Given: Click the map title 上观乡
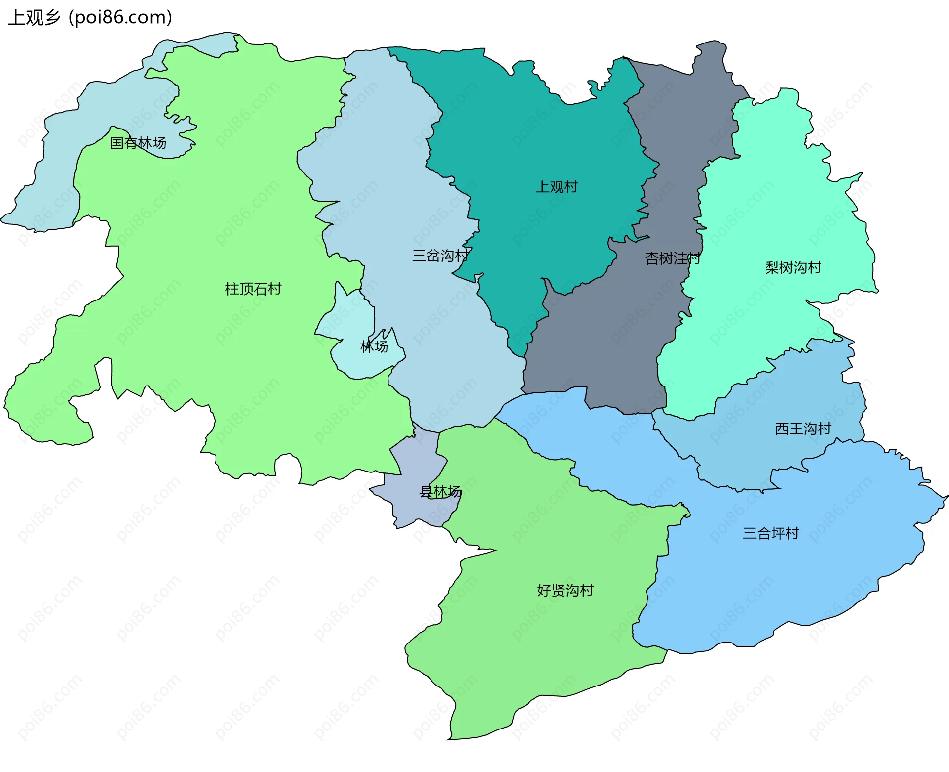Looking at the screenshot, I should point(34,17).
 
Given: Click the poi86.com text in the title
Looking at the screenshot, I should point(120,17).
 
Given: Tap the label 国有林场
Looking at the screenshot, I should point(137,143).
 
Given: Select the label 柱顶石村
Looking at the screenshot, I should point(253,289).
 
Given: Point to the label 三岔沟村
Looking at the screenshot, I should point(440,256).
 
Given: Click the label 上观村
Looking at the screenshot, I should point(557,187).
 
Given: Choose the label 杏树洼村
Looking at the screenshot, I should point(672,258).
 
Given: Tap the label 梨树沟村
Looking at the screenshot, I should point(793,267).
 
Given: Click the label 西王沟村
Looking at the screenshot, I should point(803,429).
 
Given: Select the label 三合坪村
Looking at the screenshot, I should point(771,533).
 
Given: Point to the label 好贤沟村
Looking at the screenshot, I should point(565,590).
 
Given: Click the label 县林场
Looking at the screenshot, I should point(440,491).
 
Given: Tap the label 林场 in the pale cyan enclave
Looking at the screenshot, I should point(374,346).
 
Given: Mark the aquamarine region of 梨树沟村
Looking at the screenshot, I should point(771,208).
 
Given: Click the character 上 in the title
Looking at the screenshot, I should point(16,18).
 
